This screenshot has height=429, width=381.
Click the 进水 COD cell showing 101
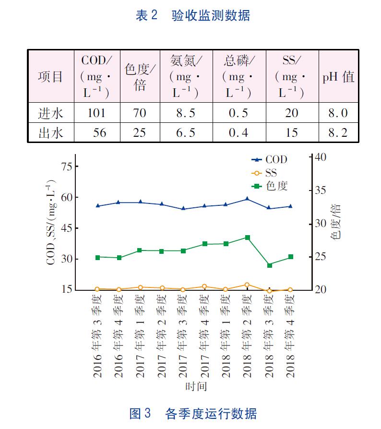(x=96, y=113)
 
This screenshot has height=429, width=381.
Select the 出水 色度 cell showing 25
(x=139, y=132)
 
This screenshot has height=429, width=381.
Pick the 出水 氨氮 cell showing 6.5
(x=186, y=132)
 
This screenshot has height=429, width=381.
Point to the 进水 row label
(x=50, y=113)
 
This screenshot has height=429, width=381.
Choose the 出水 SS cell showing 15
(x=291, y=132)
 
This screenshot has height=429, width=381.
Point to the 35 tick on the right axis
(x=320, y=191)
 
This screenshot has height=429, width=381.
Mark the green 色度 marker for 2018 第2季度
(x=247, y=238)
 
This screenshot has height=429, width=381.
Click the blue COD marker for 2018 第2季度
(x=247, y=198)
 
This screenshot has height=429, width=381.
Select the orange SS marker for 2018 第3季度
(x=269, y=291)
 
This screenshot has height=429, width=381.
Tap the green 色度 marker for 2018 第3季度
(x=269, y=265)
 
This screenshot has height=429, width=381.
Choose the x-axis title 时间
(x=195, y=386)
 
